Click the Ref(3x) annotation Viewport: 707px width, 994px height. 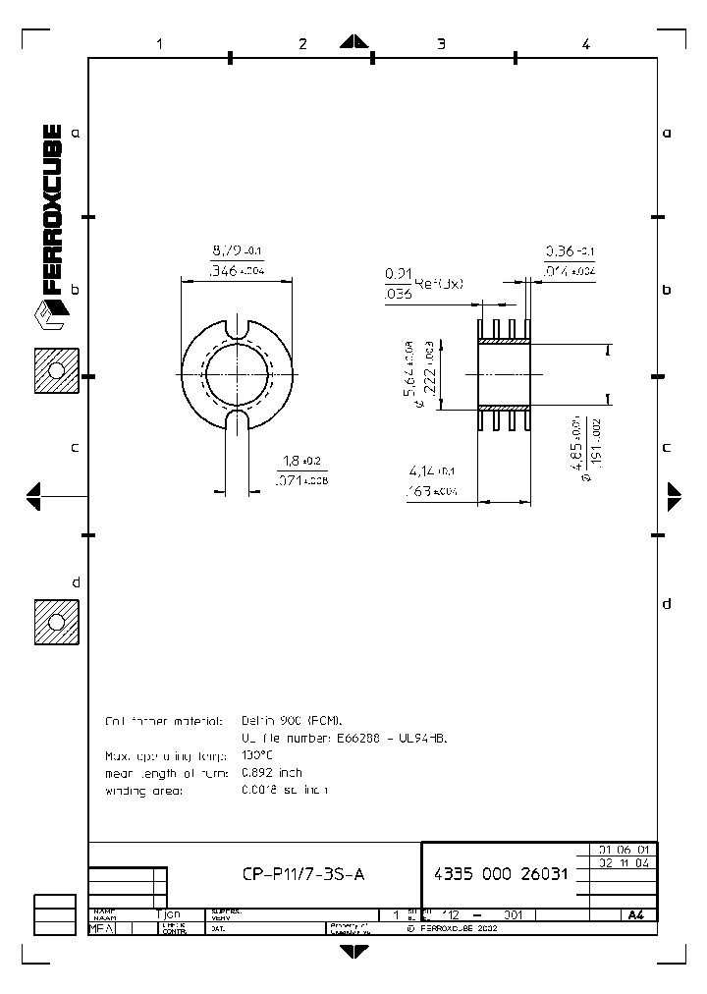(438, 284)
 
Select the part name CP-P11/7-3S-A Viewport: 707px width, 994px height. (303, 873)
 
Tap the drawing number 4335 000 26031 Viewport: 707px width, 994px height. (500, 873)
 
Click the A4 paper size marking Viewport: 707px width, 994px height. (635, 914)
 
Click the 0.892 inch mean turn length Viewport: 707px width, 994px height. (272, 773)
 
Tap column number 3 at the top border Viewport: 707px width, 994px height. (442, 43)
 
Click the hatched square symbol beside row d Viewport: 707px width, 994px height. (55, 622)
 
